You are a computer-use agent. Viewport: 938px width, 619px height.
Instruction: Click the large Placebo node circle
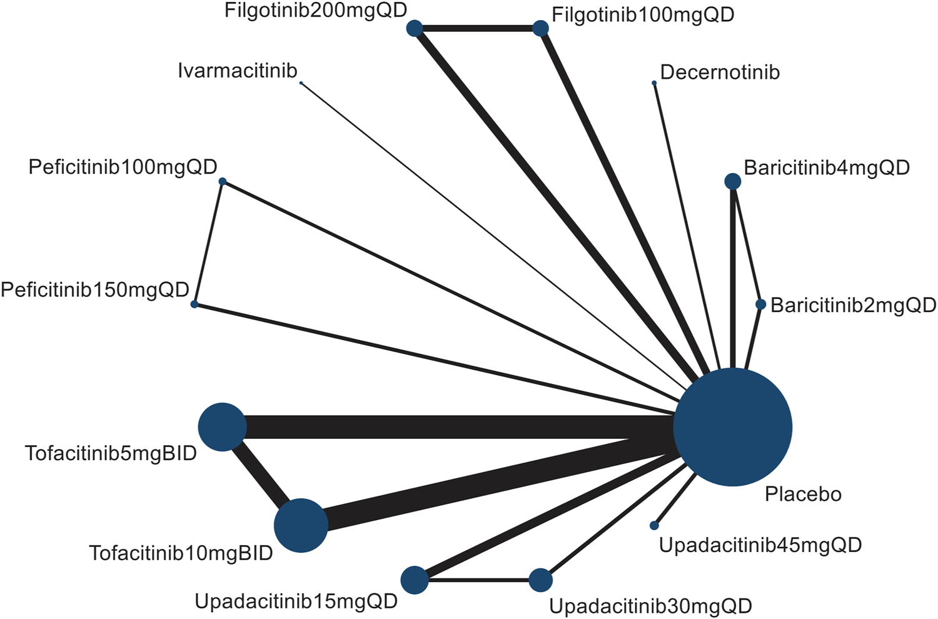[732, 427]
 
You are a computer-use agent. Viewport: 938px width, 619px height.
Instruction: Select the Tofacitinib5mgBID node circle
[222, 427]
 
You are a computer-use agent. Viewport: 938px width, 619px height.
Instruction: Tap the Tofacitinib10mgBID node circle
[301, 525]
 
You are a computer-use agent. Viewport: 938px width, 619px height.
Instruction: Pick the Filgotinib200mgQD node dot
[415, 28]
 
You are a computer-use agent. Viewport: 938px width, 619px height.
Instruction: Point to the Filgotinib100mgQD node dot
[540, 28]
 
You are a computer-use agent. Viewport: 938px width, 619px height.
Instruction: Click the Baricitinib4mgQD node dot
[733, 181]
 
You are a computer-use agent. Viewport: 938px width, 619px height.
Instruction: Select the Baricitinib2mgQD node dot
[760, 304]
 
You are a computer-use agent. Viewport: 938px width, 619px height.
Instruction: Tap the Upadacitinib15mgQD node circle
[415, 580]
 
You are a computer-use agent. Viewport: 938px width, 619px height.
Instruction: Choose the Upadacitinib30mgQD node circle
[540, 580]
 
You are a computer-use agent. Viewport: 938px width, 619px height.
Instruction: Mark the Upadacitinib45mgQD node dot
[654, 525]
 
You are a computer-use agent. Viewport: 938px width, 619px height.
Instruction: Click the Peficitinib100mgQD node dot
[222, 181]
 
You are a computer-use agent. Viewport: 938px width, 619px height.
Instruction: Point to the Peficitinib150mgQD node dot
[194, 304]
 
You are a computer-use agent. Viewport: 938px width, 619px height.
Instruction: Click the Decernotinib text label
[720, 73]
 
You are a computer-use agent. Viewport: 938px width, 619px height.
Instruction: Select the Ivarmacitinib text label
[238, 71]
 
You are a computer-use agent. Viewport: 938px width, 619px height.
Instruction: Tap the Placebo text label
[803, 495]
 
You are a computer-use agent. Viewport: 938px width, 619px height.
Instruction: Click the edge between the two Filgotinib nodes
[478, 28]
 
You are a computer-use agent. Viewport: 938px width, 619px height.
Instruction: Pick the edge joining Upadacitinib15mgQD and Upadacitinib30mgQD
[478, 580]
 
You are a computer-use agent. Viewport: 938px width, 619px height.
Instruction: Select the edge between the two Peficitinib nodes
[208, 243]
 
